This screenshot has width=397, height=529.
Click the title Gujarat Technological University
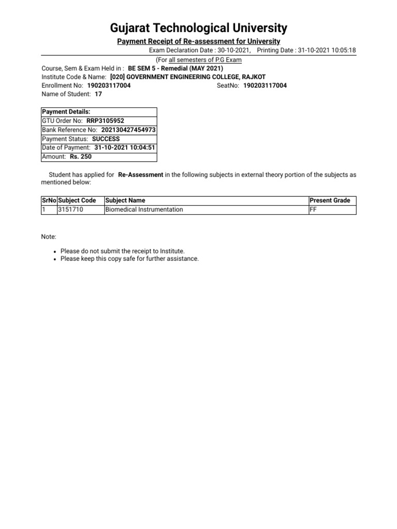198,27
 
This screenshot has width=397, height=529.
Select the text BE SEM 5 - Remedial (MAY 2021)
176,68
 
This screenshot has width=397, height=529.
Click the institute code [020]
118,76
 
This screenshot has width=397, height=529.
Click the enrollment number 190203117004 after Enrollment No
109,86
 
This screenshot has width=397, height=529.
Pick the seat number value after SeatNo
265,86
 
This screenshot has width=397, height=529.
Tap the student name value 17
98,95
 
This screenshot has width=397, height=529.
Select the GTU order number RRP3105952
105,121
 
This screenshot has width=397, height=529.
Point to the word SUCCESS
106,139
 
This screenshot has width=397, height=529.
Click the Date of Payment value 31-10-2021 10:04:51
125,148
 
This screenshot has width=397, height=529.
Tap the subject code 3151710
71,209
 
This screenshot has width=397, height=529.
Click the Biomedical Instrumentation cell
144,209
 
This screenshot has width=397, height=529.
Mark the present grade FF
313,209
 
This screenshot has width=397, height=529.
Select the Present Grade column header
330,200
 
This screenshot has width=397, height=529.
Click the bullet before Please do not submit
55,251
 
